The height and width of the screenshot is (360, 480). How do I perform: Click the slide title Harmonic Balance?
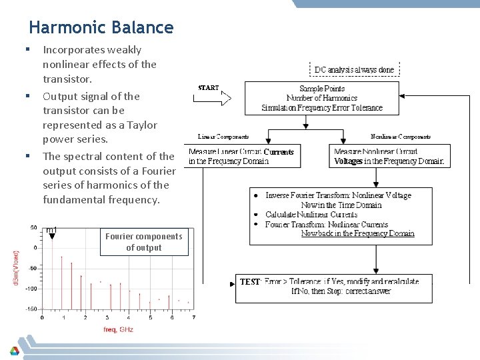[101, 28]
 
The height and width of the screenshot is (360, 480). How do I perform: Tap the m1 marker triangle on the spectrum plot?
[52, 235]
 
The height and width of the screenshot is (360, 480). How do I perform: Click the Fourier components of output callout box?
[144, 242]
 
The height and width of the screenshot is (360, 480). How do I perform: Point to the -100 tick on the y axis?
[31, 289]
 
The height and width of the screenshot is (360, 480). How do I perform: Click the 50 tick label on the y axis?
[33, 228]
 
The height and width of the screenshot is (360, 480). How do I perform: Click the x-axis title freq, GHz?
[118, 329]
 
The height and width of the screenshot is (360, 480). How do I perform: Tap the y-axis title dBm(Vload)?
[16, 269]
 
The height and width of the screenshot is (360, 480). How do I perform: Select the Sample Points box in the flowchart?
[321, 98]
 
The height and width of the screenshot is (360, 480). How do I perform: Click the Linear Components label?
[223, 137]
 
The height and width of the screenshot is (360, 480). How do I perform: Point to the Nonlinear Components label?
[400, 137]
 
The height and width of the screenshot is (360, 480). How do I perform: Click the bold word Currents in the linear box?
[278, 152]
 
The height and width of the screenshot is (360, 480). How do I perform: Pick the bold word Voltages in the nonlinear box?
[348, 161]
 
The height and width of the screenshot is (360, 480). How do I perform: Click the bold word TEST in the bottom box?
[250, 282]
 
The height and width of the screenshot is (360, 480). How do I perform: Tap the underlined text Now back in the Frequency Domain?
[357, 233]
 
